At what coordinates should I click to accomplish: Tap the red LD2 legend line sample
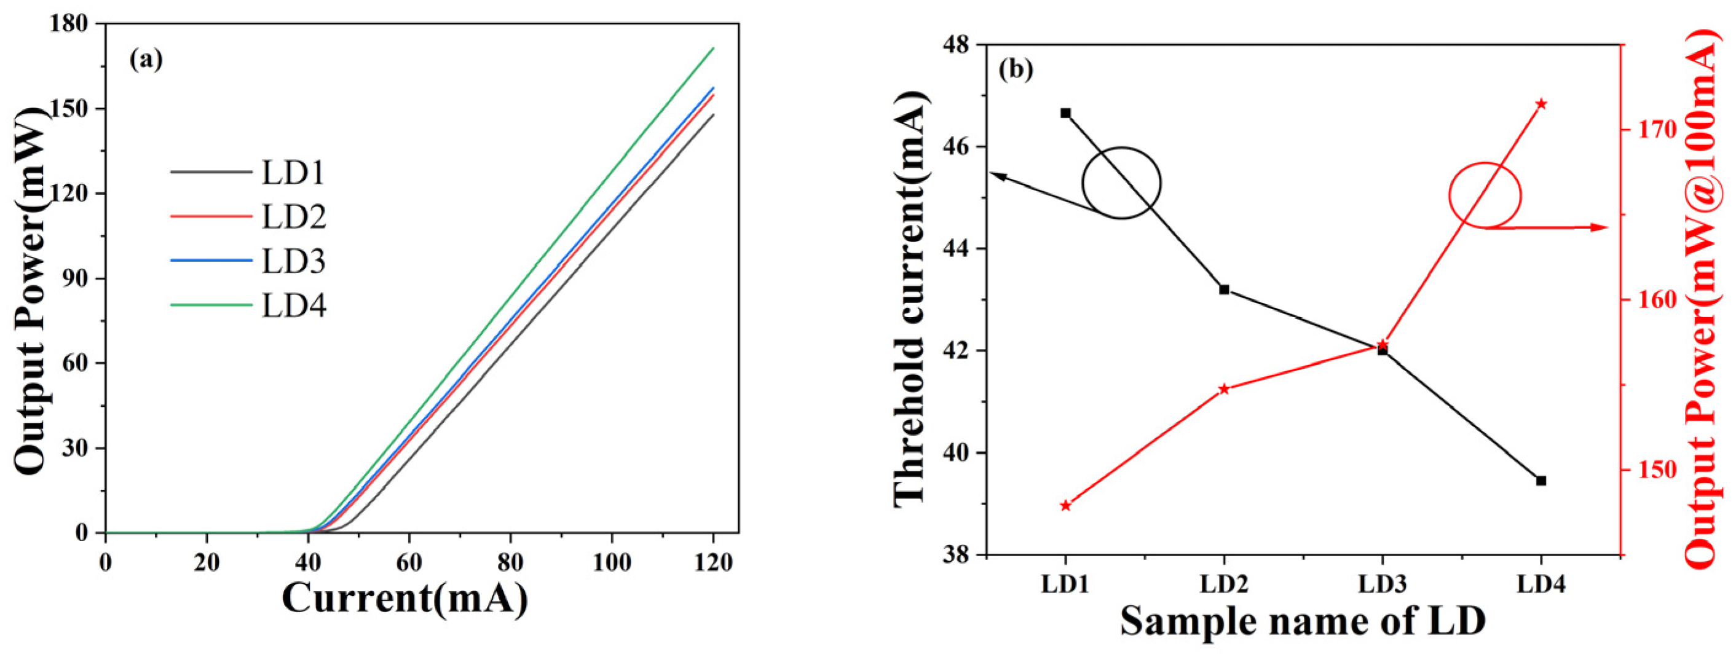point(210,216)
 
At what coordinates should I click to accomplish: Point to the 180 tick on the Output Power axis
point(69,24)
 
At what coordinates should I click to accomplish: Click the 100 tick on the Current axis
point(611,562)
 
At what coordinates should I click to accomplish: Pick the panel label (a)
point(146,60)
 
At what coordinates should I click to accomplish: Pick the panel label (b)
point(1016,69)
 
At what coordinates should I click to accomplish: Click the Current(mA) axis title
point(404,599)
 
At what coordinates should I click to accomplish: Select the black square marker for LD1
point(1065,113)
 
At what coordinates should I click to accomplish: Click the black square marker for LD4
point(1541,481)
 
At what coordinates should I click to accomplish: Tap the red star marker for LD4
point(1541,104)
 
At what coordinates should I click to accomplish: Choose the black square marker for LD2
point(1224,289)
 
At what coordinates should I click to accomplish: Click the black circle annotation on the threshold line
point(1121,183)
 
